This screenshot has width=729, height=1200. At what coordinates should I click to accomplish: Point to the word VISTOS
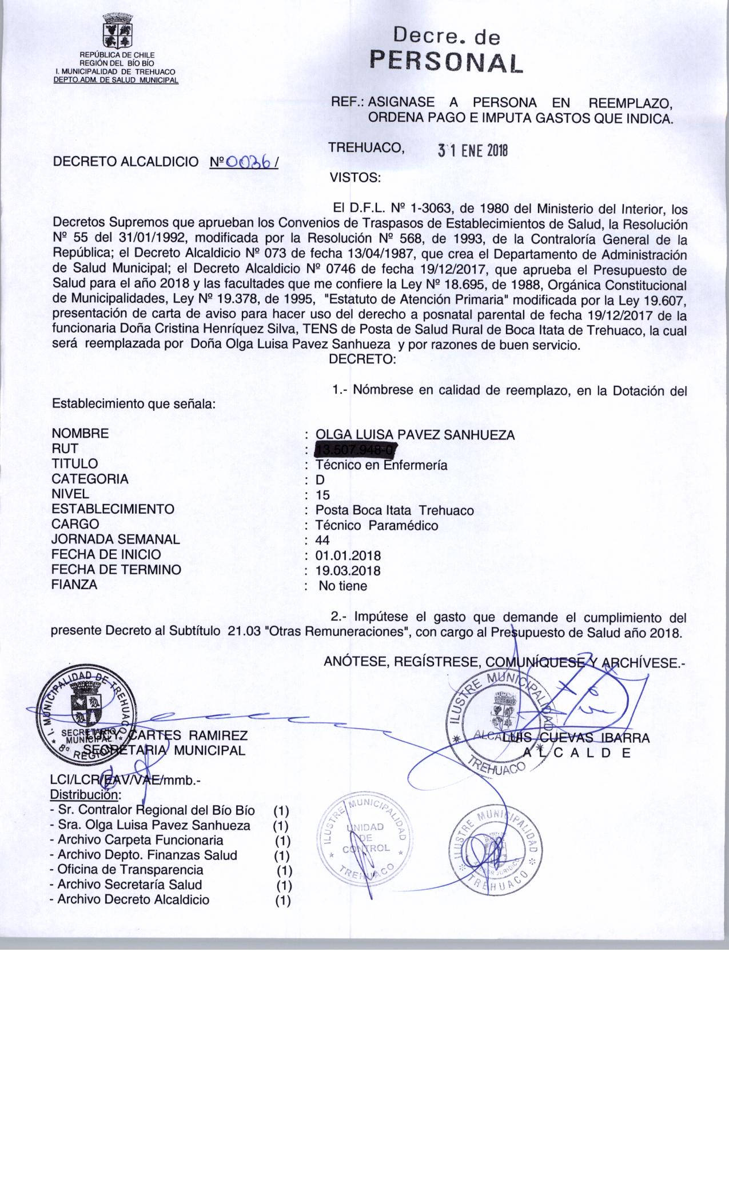[355, 178]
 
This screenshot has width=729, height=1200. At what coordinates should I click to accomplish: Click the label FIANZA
[74, 585]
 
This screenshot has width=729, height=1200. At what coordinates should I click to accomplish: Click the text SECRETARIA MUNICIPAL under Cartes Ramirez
[165, 750]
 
